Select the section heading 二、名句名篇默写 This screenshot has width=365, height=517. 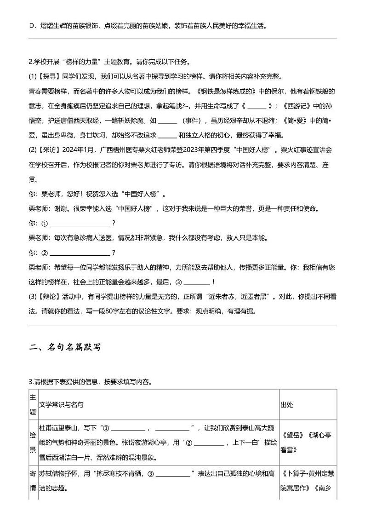point(64,348)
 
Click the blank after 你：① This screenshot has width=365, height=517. point(79,224)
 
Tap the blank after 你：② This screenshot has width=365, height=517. point(79,253)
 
